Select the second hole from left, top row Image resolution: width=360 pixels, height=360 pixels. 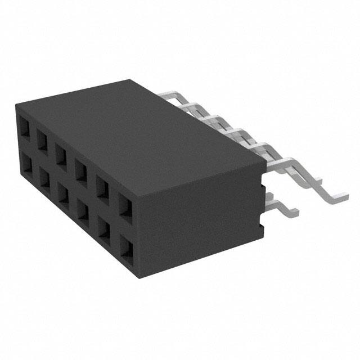click(x=43, y=137)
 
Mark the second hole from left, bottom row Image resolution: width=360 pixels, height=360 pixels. click(x=43, y=177)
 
